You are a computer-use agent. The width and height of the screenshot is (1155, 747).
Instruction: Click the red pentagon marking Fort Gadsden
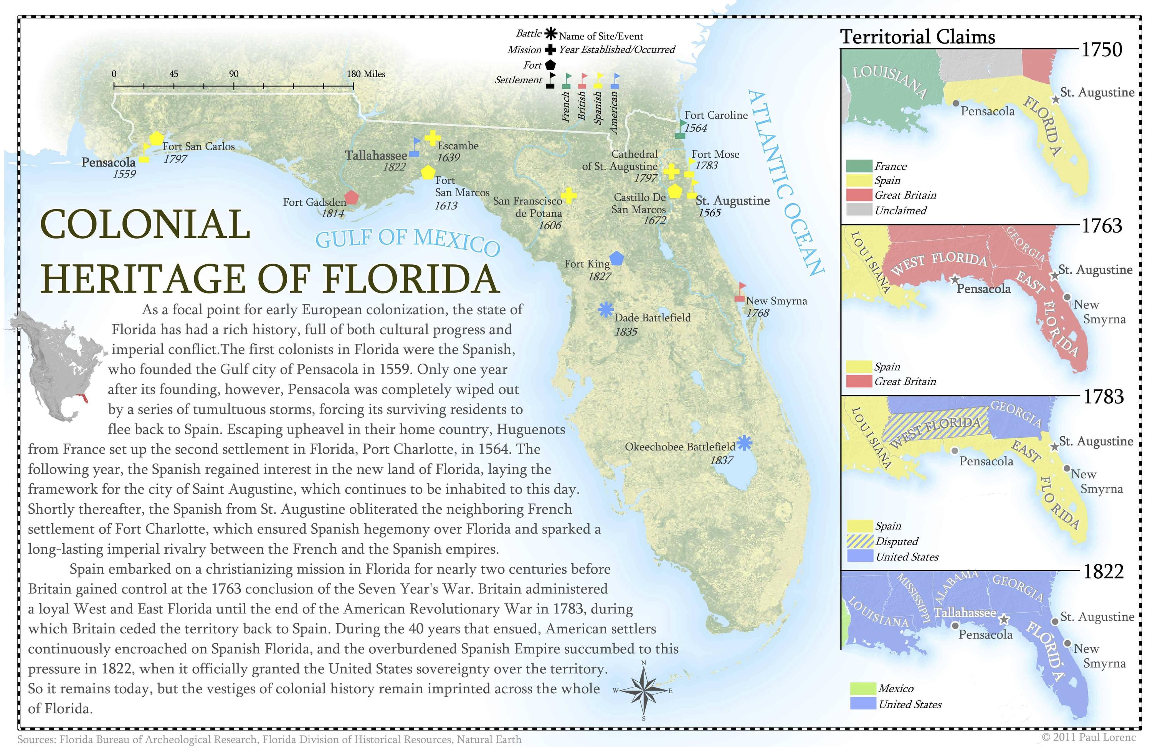click(x=351, y=197)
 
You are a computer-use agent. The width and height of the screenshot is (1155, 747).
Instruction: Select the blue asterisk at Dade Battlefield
click(x=606, y=310)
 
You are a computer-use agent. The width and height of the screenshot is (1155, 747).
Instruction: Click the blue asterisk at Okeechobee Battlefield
click(x=744, y=443)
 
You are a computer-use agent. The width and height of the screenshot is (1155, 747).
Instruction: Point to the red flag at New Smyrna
click(x=740, y=292)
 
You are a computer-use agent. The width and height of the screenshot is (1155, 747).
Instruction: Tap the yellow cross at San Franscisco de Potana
click(x=569, y=196)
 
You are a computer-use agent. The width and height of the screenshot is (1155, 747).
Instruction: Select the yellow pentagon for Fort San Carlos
click(x=156, y=138)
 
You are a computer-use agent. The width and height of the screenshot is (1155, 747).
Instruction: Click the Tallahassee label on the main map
click(x=376, y=156)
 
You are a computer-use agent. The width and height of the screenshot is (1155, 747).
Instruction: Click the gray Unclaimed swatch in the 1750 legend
click(x=859, y=210)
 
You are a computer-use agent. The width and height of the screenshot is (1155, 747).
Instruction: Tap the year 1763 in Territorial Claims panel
click(x=1102, y=226)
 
